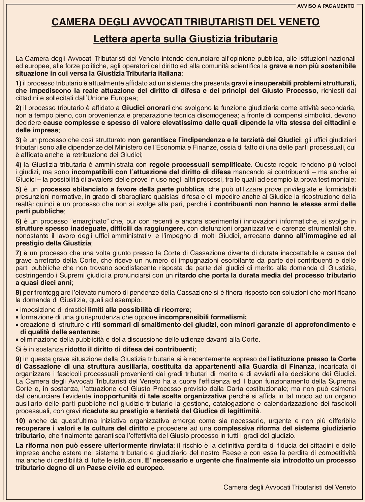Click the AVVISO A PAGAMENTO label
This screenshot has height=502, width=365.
pos(326,6)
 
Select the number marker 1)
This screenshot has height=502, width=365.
pos(19,83)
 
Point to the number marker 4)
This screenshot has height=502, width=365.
pos(19,165)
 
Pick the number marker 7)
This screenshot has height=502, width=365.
pos(19,253)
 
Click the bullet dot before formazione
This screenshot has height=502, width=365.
pos(17,317)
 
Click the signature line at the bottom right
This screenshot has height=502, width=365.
pos(289,487)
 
